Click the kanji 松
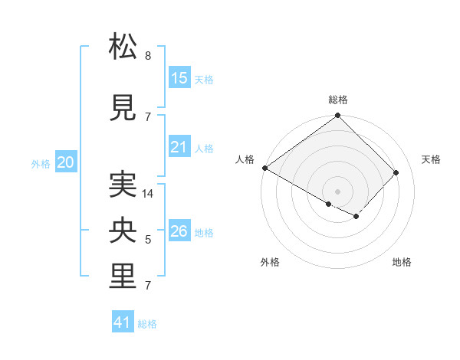click(x=123, y=47)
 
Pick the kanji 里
click(x=123, y=277)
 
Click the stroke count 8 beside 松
click(x=147, y=56)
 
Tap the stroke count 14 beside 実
click(x=149, y=194)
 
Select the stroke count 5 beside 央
click(x=147, y=241)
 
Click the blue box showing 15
click(x=179, y=78)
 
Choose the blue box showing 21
click(x=179, y=147)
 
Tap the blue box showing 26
click(x=179, y=231)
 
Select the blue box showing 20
click(x=66, y=162)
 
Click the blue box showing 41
click(x=123, y=322)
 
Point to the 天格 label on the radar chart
click(x=431, y=159)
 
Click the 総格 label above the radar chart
click(x=337, y=100)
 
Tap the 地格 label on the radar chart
click(x=402, y=262)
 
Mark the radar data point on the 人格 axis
click(x=264, y=168)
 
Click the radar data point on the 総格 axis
click(x=337, y=116)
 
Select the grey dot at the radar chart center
click(x=337, y=191)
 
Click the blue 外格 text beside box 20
click(x=41, y=163)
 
